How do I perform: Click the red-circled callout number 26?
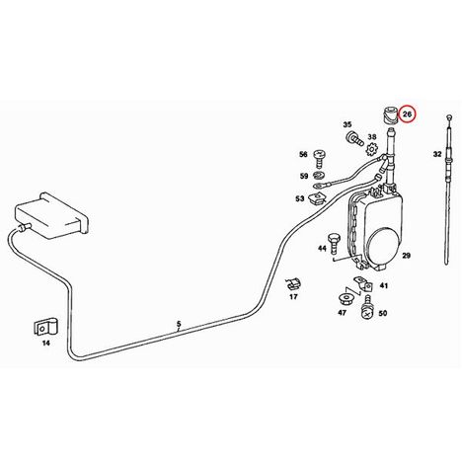tap(407, 115)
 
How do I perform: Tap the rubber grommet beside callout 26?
tap(390, 115)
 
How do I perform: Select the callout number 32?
tap(437, 154)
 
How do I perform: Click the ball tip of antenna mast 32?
tap(449, 116)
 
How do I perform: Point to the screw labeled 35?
tap(354, 138)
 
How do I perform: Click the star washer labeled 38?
tap(371, 150)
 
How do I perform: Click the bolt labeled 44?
tap(332, 243)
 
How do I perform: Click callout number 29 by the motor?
tap(407, 256)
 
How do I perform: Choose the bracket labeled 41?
tap(362, 284)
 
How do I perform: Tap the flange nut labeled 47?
tap(346, 299)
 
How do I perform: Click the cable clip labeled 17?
tap(292, 283)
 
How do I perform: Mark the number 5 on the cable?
tap(179, 324)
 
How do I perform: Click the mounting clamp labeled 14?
tap(46, 326)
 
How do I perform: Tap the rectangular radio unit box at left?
tap(51, 213)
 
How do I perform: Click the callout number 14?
tap(46, 344)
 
